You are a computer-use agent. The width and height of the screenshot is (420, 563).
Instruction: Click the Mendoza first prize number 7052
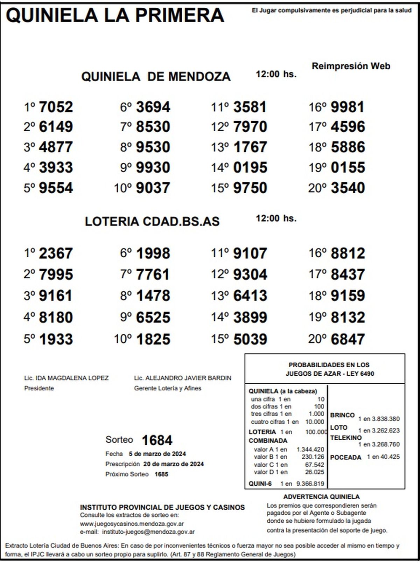coord(56,107)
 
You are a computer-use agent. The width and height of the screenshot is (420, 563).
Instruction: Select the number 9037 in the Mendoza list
coord(153,188)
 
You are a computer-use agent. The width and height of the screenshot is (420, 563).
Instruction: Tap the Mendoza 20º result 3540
coord(348,188)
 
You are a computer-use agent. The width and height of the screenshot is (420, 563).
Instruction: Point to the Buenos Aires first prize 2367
coord(56,253)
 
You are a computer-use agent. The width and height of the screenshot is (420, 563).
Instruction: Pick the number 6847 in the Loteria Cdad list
coord(348,339)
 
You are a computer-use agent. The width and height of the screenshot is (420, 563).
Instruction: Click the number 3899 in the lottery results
coord(250,318)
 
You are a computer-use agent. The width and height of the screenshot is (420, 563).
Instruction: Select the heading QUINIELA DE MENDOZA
coord(156,76)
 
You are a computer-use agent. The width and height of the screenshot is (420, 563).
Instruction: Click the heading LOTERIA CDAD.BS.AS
coord(152,221)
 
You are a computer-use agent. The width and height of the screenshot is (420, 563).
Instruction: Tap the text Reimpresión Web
coord(351,66)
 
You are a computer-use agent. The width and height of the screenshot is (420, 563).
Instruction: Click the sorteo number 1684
coord(157,440)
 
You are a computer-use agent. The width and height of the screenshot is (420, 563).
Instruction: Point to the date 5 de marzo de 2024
coord(157,454)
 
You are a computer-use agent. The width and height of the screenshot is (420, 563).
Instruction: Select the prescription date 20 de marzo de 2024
coord(173,464)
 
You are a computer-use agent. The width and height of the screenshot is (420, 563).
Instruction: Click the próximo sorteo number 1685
coord(161,474)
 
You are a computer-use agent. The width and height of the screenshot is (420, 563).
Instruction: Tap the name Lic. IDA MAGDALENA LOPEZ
coord(66,378)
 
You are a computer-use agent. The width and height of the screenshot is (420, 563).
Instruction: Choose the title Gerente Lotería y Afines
coord(168,388)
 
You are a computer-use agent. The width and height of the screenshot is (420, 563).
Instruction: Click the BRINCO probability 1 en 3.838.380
coord(379,419)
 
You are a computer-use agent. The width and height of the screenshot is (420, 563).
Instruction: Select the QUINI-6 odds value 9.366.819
coord(310,484)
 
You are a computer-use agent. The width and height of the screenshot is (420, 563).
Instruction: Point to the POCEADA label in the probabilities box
coord(345,457)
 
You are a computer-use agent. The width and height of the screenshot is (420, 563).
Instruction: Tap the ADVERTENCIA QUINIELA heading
coord(321,496)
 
